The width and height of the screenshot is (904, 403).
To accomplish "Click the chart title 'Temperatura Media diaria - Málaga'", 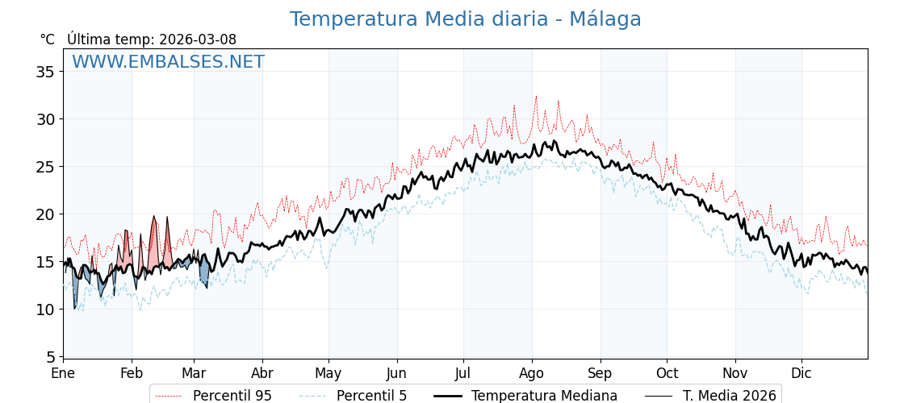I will coord(465,19).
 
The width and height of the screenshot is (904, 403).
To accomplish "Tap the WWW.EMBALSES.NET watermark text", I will coord(168,62).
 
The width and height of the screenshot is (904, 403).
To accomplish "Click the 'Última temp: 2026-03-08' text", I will coord(152,39).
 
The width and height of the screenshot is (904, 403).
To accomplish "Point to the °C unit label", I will coord(47,39).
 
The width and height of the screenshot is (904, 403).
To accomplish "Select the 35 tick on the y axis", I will coord(45,72).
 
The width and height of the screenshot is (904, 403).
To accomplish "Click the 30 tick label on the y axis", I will coord(45,119).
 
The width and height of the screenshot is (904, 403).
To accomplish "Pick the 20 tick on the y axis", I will coord(45,214).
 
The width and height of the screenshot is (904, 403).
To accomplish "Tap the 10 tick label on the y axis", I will coord(45,310).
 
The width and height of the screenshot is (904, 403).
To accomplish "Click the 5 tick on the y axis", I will coord(49,357).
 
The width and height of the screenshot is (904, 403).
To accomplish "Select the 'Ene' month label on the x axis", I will coord(63,374).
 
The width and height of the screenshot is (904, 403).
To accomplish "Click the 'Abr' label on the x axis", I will coord(262,374).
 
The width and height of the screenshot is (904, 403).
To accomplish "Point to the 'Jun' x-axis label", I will coord(396,374).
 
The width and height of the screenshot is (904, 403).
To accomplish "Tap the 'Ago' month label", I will coord(532,374).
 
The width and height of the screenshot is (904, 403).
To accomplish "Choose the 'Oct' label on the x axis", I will coord(667,374).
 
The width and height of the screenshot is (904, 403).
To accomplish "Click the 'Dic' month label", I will coord(801,374).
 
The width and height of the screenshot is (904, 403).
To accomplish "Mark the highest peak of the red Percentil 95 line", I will coord(535,96).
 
